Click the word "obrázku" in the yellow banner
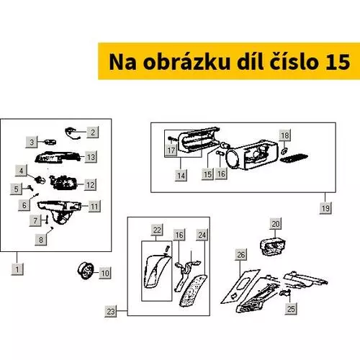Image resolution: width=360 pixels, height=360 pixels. (186, 62)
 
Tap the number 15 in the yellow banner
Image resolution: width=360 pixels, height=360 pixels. (338, 62)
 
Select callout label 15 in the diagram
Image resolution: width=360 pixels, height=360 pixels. (207, 174)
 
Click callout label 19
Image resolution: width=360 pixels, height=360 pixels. (325, 208)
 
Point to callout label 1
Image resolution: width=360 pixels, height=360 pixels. (17, 269)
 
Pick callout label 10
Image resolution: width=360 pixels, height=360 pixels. (105, 273)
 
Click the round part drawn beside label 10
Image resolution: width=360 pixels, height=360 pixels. (86, 271)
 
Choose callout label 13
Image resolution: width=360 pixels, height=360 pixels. (91, 157)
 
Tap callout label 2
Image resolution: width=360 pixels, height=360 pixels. (93, 132)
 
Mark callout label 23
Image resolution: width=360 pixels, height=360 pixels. (111, 311)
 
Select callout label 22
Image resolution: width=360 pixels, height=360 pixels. (157, 230)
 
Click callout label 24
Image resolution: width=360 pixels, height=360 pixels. (202, 235)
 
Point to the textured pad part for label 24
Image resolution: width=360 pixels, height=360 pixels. (193, 291)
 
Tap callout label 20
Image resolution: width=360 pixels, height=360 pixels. (275, 224)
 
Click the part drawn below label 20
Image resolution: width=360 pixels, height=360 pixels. (273, 246)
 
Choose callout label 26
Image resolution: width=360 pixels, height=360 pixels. (241, 255)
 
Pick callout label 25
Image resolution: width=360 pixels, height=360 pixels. (291, 308)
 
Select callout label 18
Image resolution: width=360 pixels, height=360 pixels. (285, 135)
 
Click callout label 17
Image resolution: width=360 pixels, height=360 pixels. (171, 150)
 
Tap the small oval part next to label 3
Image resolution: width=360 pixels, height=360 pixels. (50, 142)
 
